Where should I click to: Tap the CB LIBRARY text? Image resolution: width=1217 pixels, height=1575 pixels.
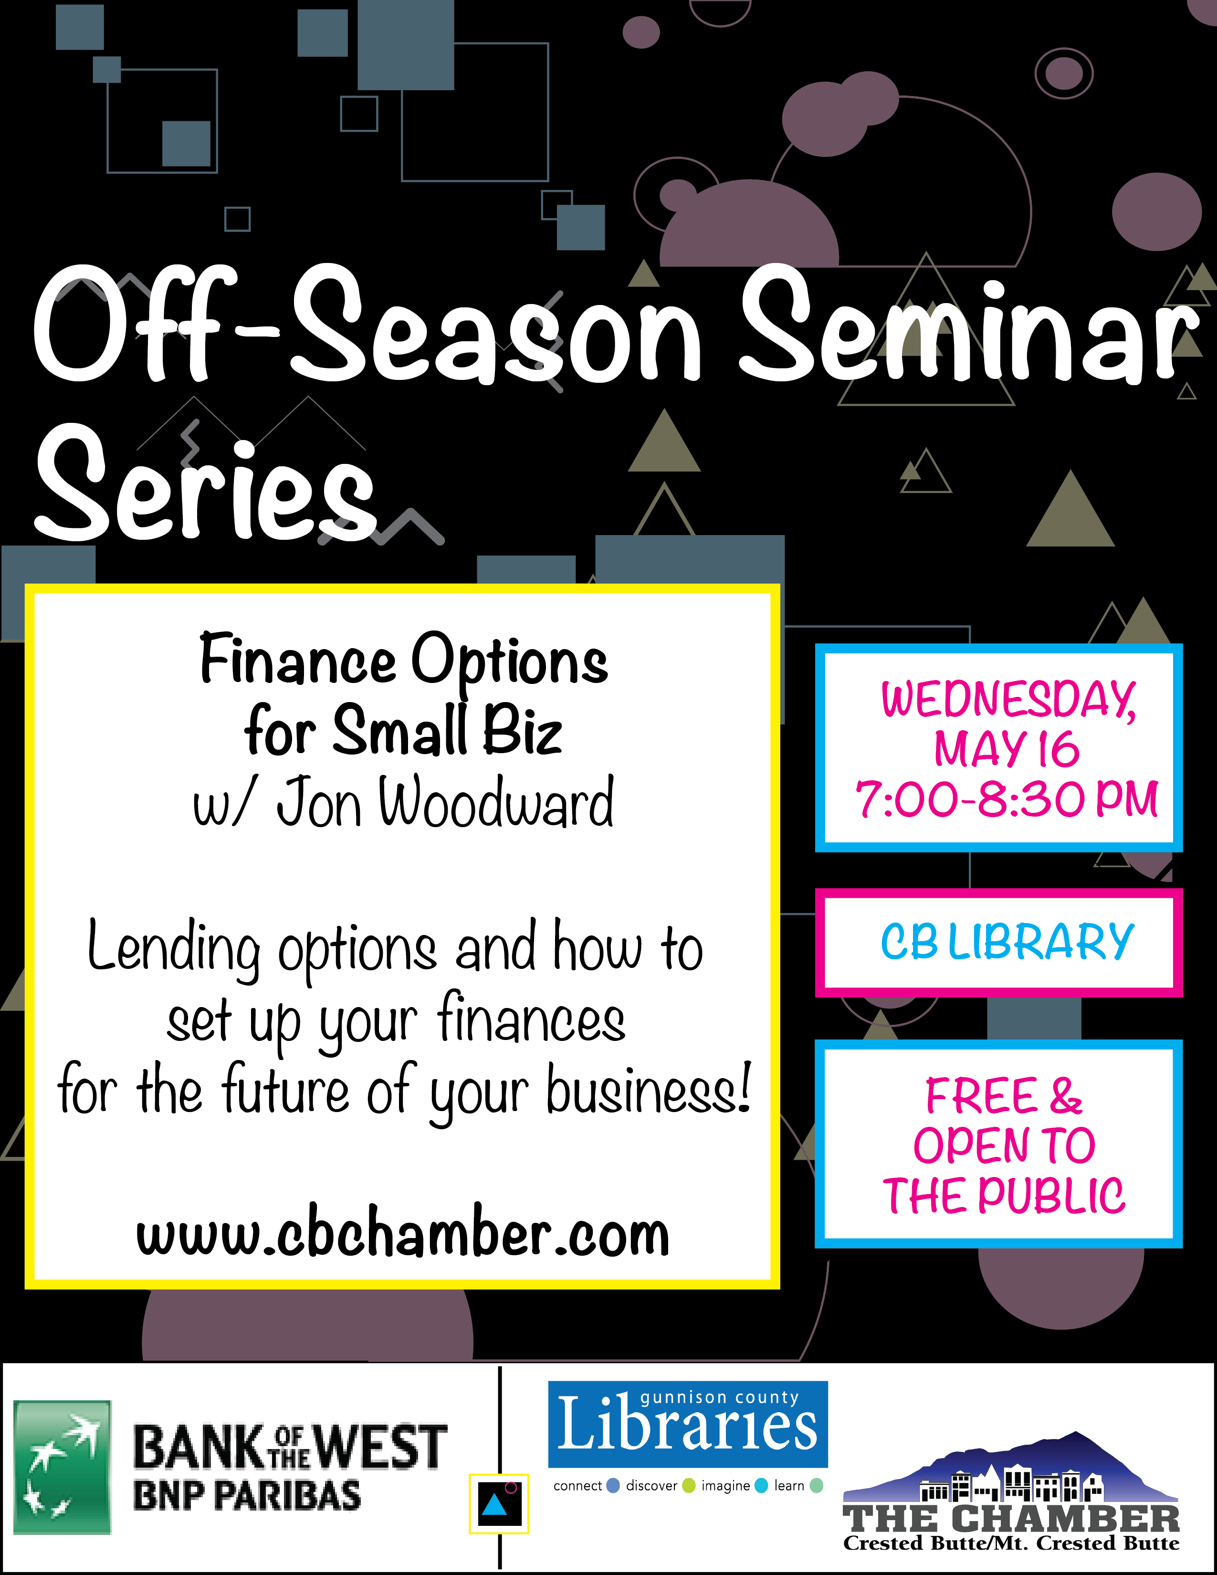1007,941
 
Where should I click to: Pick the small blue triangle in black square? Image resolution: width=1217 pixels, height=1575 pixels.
494,1505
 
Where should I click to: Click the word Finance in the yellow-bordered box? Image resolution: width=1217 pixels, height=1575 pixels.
298,660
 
